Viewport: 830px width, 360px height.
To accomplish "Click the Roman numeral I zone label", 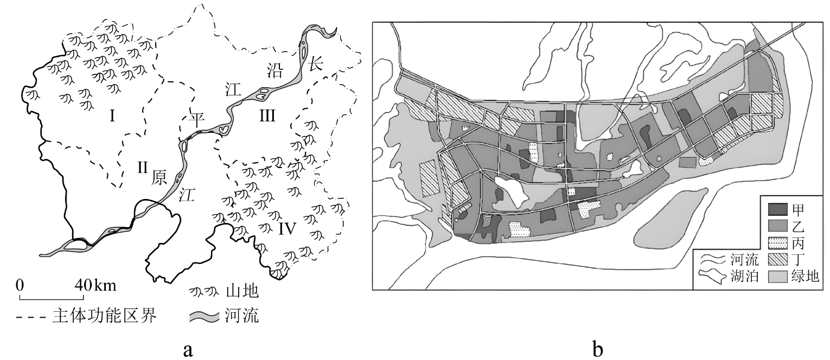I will (112, 115).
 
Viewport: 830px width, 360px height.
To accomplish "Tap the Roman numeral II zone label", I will (142, 168).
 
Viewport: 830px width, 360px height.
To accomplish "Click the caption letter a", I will (188, 349).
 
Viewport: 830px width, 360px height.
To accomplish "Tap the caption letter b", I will (597, 349).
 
